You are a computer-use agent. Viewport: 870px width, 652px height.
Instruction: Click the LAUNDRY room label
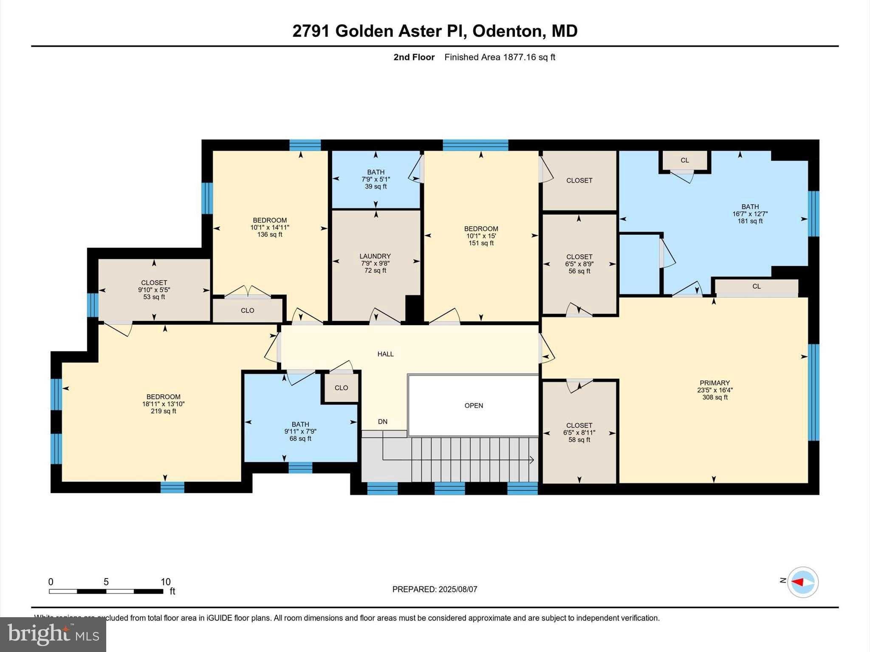pyautogui.click(x=375, y=256)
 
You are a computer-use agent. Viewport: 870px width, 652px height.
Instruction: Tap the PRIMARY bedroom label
pyautogui.click(x=715, y=382)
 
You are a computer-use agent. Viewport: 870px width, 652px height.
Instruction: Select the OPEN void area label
pyautogui.click(x=474, y=405)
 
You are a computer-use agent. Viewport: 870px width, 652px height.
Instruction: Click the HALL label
pyautogui.click(x=385, y=354)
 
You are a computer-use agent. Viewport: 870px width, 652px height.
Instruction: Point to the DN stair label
pyautogui.click(x=382, y=422)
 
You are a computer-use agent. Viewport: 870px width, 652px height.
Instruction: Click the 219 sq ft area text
pyautogui.click(x=163, y=411)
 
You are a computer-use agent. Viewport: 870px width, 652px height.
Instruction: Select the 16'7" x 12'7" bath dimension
pyautogui.click(x=750, y=214)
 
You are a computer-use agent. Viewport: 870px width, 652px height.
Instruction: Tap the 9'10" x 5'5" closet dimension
pyautogui.click(x=154, y=289)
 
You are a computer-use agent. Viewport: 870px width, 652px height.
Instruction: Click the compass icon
pyautogui.click(x=802, y=582)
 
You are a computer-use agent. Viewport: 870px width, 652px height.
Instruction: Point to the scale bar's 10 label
pyautogui.click(x=165, y=582)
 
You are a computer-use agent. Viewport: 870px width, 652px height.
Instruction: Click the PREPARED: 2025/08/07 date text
pyautogui.click(x=435, y=589)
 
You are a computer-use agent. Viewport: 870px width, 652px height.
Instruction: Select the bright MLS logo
pyautogui.click(x=53, y=634)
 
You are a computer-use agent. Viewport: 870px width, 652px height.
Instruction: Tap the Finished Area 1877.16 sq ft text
pyautogui.click(x=500, y=57)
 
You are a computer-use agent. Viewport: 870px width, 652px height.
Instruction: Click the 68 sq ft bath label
pyautogui.click(x=300, y=438)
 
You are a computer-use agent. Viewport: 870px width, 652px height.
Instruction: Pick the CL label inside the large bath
pyautogui.click(x=684, y=160)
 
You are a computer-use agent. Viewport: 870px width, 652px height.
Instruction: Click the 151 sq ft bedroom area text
pyautogui.click(x=481, y=243)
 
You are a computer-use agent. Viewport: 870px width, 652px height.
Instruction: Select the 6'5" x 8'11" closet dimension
pyautogui.click(x=579, y=433)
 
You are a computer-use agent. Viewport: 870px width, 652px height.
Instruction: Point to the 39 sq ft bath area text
pyautogui.click(x=376, y=186)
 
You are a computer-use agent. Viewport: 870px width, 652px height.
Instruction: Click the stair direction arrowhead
pyautogui.click(x=532, y=459)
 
